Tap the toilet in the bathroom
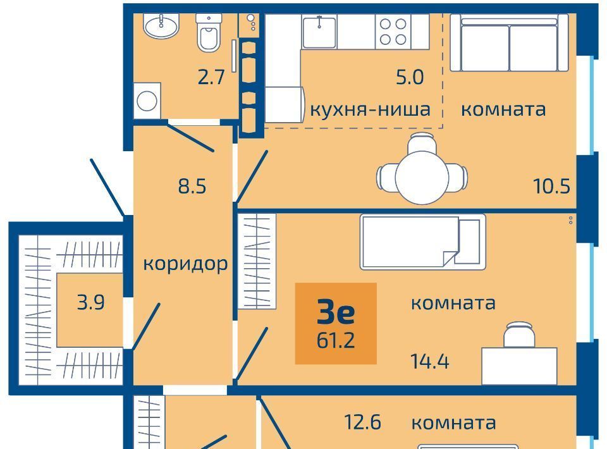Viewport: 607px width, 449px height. coord(209,32)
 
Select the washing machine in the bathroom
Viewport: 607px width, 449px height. coord(147,101)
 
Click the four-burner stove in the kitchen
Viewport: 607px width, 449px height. coord(393,32)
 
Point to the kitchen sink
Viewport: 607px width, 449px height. coord(319,32)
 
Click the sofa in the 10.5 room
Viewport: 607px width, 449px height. coord(509,42)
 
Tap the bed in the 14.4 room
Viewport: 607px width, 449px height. coord(423,242)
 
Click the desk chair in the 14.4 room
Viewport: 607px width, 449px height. coord(519,335)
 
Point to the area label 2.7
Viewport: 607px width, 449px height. coord(211,77)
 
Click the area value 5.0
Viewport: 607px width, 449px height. coord(410,77)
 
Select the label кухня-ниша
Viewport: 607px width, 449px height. coord(370,109)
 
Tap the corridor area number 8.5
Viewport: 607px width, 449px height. coord(192,186)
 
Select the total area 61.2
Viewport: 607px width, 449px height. coord(336,341)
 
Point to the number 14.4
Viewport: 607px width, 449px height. coord(430,362)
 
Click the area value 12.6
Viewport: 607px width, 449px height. coord(363,422)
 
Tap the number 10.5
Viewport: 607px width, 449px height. coord(551,186)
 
